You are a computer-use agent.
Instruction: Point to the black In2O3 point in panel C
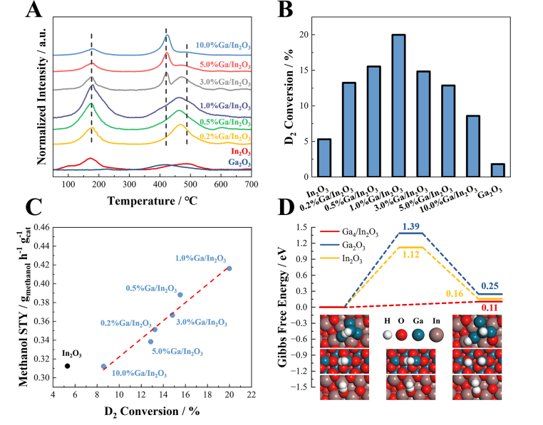67,366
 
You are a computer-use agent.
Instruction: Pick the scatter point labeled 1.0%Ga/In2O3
229,268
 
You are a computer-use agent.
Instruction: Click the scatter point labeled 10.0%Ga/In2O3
104,366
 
